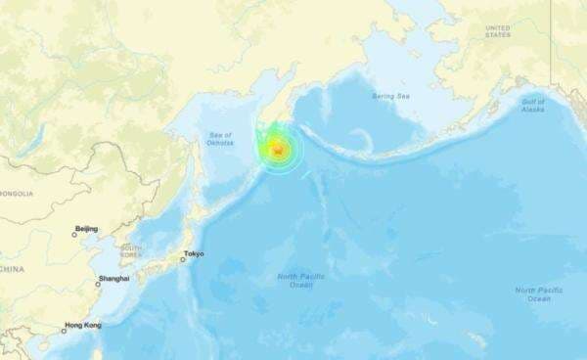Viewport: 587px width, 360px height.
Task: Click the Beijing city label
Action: pyautogui.click(x=87, y=229)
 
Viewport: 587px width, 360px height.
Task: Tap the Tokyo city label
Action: pyautogui.click(x=194, y=254)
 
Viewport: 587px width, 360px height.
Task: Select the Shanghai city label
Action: pyautogui.click(x=113, y=279)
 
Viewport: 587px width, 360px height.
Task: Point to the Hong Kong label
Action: pyautogui.click(x=83, y=325)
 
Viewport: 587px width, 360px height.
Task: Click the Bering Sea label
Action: pyautogui.click(x=389, y=96)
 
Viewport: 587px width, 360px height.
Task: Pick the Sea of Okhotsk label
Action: pyautogui.click(x=220, y=138)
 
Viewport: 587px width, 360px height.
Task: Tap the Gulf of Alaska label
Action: pyautogui.click(x=533, y=104)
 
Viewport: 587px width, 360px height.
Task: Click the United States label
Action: pyautogui.click(x=498, y=31)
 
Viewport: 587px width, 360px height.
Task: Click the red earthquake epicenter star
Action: pyautogui.click(x=279, y=150)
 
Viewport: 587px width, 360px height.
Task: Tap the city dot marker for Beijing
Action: pyautogui.click(x=73, y=234)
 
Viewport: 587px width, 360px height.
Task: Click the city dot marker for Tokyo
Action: pyautogui.click(x=181, y=259)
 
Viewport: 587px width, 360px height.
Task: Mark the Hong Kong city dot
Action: pyautogui.click(x=64, y=331)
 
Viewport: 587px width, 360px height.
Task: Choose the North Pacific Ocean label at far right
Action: pyautogui.click(x=539, y=293)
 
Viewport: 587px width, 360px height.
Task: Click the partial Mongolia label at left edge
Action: pyautogui.click(x=16, y=194)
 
